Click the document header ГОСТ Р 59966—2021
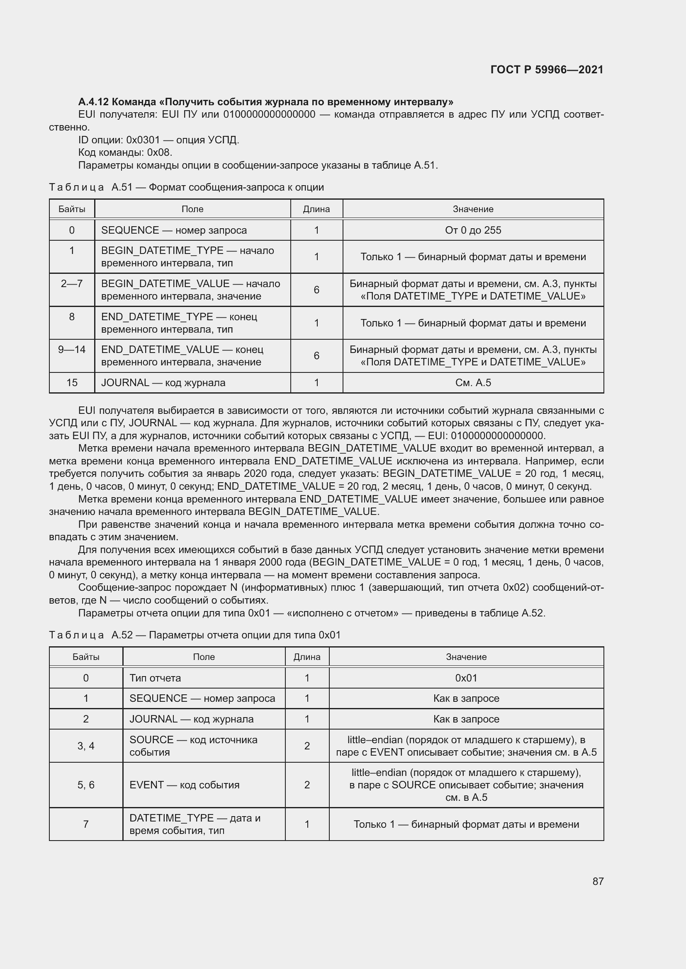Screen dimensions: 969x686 point(547,70)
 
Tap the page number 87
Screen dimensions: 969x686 point(598,881)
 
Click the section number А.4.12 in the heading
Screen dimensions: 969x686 point(93,102)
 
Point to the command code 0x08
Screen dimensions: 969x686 point(159,152)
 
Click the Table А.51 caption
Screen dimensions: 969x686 point(186,187)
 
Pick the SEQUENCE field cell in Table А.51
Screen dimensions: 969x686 point(174,230)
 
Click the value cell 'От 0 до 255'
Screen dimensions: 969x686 point(473,230)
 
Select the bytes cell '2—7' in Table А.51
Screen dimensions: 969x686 point(72,284)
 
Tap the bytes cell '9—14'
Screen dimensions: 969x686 point(72,350)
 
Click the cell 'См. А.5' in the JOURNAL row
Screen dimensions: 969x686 point(473,382)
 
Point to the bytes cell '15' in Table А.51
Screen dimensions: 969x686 point(72,382)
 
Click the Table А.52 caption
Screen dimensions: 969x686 point(195,635)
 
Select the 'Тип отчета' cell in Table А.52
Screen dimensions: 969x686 point(155,678)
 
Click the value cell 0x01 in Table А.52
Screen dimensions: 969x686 point(466,678)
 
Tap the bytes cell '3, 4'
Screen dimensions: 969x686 point(86,746)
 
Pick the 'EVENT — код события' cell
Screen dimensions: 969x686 point(184,785)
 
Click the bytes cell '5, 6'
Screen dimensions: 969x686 point(86,785)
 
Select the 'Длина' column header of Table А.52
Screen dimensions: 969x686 point(307,657)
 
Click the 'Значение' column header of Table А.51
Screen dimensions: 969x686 point(473,209)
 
